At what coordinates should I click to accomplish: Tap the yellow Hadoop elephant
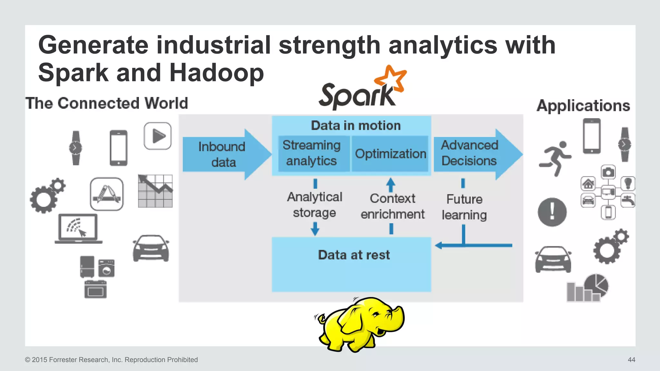coord(359,324)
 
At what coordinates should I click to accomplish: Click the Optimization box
coord(390,154)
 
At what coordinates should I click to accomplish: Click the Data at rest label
coord(354,255)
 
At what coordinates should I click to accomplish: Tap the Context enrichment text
coord(392,206)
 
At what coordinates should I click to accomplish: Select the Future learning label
coord(464,207)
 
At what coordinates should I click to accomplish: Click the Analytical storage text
coord(315,205)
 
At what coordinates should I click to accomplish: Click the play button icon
coord(158,136)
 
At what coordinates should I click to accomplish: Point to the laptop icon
coord(78,229)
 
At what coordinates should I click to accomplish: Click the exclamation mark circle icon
coord(552,212)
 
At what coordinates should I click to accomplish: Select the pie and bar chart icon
coord(587,288)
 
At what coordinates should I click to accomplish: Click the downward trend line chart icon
coord(155,191)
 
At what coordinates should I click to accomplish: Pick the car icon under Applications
coord(553,259)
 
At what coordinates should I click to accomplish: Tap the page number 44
coord(631,360)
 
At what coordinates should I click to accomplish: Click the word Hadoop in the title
coord(217,72)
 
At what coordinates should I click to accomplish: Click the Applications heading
coord(583,106)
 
